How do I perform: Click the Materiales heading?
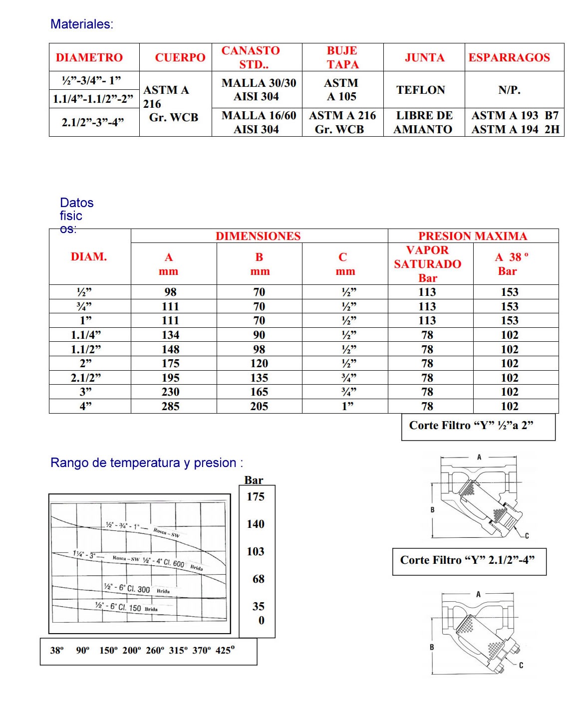coord(82,24)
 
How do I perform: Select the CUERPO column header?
coord(180,57)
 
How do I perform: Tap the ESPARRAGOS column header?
coord(509,57)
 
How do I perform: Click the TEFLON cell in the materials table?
coord(421,90)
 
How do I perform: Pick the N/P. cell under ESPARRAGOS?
coord(509,90)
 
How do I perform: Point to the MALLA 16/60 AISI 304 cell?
coord(259,122)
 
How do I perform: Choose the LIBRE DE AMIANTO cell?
coord(424,122)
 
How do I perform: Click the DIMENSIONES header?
coord(258,236)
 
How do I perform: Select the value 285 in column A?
coord(170,406)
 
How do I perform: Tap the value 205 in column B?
coord(259,406)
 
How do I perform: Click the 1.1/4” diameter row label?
coord(86,335)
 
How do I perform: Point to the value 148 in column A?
coord(170,349)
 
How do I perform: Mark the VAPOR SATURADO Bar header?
coord(428,263)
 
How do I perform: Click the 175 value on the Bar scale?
coord(256,496)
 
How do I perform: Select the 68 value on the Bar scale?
coord(258,579)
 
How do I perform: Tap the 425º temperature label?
coord(225,650)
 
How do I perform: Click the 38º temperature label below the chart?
coord(56,650)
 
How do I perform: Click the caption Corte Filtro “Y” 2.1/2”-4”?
coord(467,560)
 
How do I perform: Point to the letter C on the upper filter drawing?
coord(527,536)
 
